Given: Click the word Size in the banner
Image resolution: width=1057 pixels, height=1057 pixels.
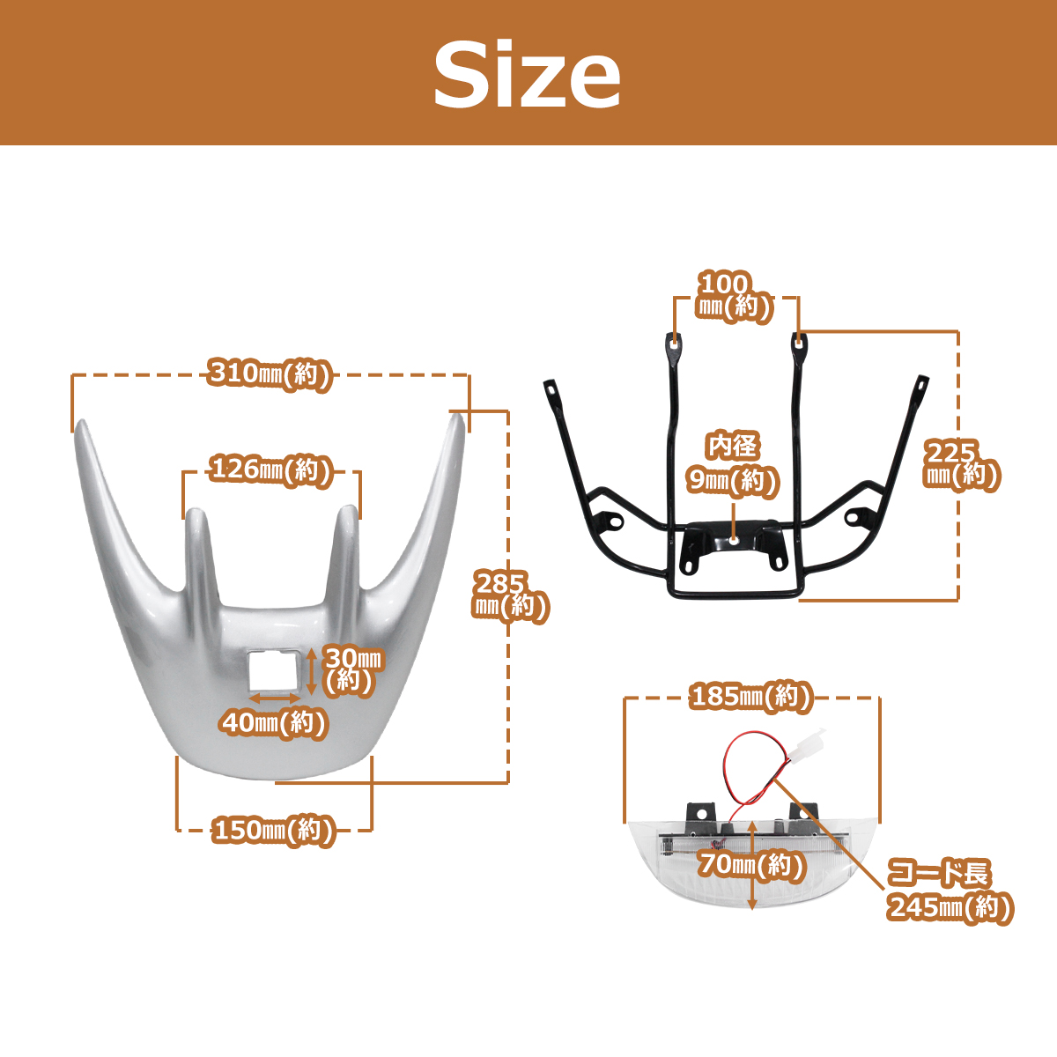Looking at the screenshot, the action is point(527,75).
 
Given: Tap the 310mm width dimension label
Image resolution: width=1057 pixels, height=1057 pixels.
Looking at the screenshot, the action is point(270,374).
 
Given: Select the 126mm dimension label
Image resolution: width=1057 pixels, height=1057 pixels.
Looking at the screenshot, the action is point(271,470).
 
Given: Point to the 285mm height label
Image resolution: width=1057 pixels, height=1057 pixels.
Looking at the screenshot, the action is point(510,597).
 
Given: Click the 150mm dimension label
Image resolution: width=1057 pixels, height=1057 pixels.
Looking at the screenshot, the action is point(273,831).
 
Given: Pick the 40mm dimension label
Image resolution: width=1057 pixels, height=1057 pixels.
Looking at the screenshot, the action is point(274,723).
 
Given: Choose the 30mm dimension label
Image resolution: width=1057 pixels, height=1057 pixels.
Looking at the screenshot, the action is point(352,670).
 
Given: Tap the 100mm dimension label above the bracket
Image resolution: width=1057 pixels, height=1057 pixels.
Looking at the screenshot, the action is point(734,296).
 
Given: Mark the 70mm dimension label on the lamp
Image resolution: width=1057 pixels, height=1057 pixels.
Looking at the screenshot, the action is point(750,865).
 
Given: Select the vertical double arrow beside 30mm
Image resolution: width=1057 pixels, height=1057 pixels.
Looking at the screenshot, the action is point(311,671).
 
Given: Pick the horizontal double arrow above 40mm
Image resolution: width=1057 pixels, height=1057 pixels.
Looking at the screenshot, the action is point(274,699).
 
